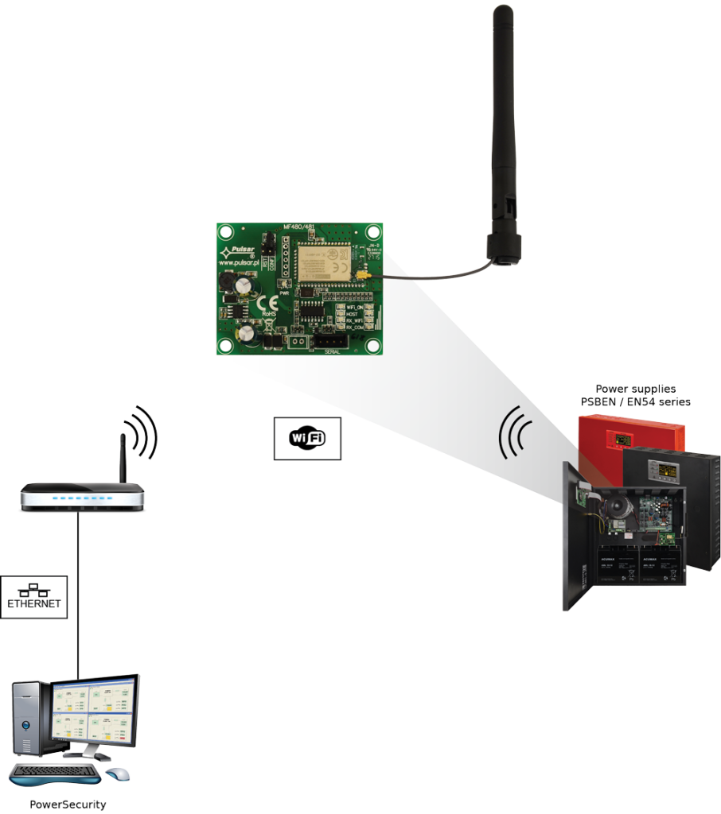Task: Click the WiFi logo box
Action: [307, 438]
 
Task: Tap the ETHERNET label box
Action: [33, 597]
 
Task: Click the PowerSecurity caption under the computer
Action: [68, 804]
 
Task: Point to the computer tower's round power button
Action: [25, 724]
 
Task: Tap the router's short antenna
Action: [123, 458]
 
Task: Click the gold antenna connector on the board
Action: [362, 276]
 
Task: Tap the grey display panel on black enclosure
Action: [665, 471]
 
